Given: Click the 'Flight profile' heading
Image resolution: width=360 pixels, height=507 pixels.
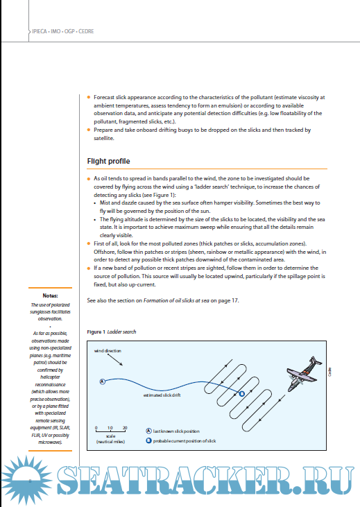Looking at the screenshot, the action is coord(108,161).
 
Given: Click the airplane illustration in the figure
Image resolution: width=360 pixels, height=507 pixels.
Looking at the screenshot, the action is coord(304,374).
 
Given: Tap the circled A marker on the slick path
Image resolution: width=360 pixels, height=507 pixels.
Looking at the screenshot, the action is coord(103,381).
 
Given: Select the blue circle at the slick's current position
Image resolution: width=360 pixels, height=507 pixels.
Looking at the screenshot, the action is coord(241,393).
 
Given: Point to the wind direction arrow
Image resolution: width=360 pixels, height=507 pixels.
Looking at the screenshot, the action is coord(115,359).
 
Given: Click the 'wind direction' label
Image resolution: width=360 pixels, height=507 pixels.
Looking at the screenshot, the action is coord(108,350).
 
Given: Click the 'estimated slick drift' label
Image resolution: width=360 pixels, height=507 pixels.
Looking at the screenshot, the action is coord(162,395).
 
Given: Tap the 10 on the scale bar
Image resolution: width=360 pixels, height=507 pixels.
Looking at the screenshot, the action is coord(110,428).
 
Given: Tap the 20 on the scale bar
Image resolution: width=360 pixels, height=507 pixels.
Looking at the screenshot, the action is coord(125,428).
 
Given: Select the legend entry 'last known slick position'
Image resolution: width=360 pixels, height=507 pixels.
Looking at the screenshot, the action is coord(173,431).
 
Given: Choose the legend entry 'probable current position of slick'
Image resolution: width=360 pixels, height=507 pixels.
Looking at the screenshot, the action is coord(181,440).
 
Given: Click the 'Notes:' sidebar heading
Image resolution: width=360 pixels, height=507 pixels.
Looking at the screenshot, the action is coord(50,295).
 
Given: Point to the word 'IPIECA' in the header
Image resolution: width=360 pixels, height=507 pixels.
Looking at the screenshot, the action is coord(40,31).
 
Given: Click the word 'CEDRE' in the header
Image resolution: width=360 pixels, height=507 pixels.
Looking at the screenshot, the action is coord(86,31).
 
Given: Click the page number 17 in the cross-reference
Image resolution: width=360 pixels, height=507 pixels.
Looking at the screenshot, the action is coord(235,300).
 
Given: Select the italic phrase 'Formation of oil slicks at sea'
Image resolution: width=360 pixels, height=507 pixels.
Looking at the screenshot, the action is coord(176,300).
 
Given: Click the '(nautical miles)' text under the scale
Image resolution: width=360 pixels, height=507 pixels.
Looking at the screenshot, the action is coord(110,442).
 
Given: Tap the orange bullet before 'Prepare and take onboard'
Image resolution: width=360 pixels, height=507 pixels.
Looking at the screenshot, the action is coord(89,130).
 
